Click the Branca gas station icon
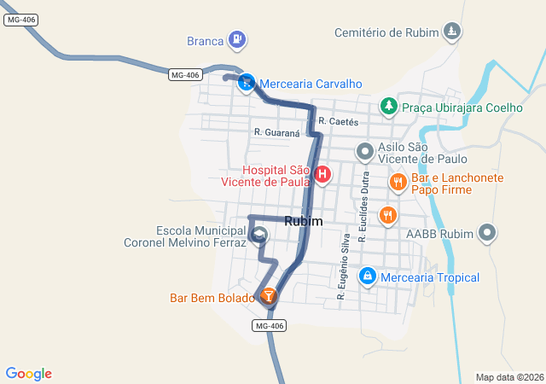237,39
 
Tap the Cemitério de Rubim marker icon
452,32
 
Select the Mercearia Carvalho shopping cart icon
246,83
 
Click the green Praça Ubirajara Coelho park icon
389,106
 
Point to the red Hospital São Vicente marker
322,176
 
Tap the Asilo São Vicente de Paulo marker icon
365,153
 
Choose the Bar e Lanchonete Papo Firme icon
398,181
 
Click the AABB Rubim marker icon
487,232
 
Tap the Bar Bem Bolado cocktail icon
269,296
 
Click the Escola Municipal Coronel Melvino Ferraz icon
260,235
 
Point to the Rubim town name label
304,221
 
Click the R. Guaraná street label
277,132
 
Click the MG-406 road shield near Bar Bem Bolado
269,326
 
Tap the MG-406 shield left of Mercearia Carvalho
184,75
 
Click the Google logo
28,374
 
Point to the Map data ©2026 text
509,377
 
